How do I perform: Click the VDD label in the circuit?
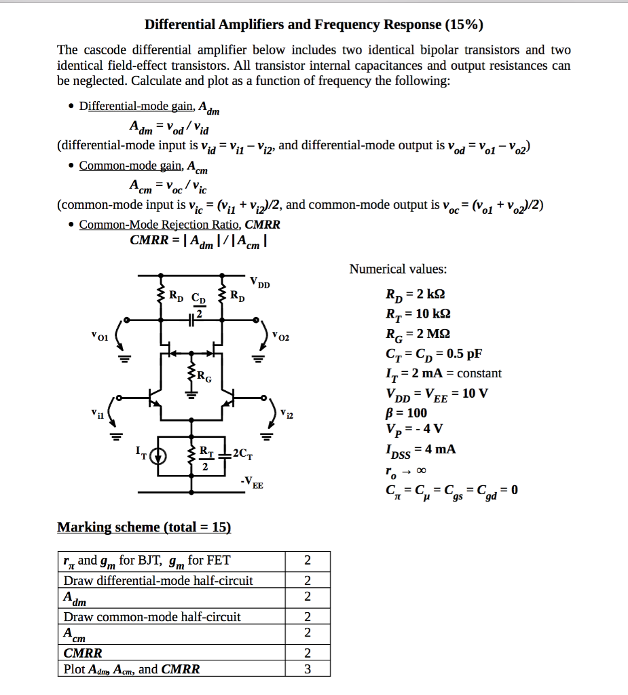(x=259, y=282)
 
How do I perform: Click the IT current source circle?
(x=158, y=455)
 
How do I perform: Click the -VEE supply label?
(x=251, y=483)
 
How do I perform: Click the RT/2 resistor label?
(x=205, y=457)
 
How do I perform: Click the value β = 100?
(x=406, y=413)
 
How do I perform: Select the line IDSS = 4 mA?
(x=420, y=449)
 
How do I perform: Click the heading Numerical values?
(x=398, y=269)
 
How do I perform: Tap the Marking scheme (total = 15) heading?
(x=144, y=527)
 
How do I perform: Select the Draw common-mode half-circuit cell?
(x=152, y=617)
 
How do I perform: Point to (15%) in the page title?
(x=464, y=25)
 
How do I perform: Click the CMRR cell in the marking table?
(x=83, y=653)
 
